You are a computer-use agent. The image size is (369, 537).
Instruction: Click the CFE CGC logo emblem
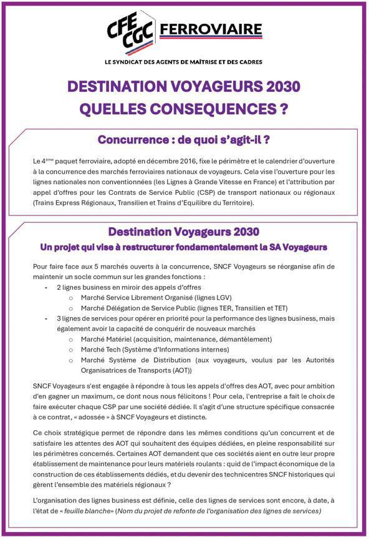tap(132, 31)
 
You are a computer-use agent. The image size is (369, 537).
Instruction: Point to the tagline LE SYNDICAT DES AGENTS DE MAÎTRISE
tap(184, 62)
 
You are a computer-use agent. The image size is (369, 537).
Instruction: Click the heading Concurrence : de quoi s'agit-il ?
tap(184, 139)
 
